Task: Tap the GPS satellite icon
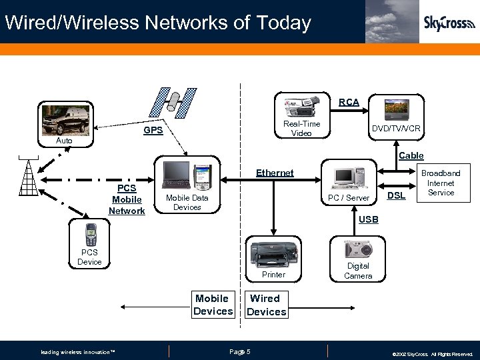(x=174, y=101)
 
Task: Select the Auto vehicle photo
(x=64, y=120)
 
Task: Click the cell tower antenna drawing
(x=29, y=177)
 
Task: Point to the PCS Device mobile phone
(x=90, y=235)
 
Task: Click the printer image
(x=273, y=253)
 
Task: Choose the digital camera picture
(x=358, y=249)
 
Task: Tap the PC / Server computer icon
(x=349, y=176)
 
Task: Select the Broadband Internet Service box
(x=440, y=183)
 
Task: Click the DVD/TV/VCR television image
(x=402, y=109)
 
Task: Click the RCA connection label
(x=349, y=102)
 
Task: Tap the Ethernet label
(x=275, y=173)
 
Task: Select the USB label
(x=368, y=219)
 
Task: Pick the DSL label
(x=397, y=195)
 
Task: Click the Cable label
(x=411, y=155)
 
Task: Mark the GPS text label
(x=153, y=130)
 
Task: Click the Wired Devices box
(x=266, y=305)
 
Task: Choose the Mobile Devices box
(x=213, y=305)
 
